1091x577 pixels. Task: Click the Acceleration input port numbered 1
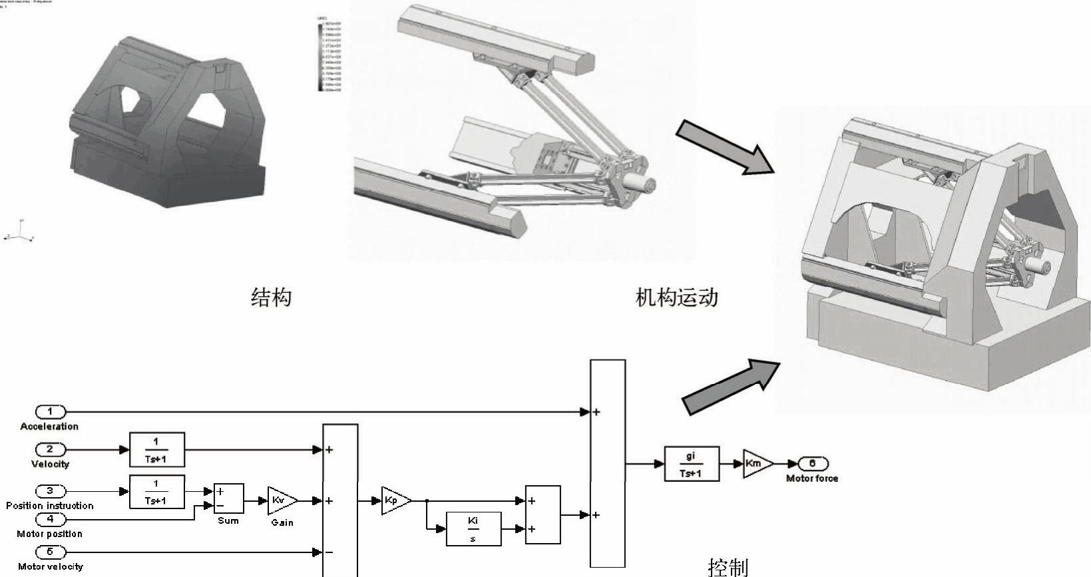click(x=50, y=412)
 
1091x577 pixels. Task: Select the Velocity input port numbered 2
click(x=50, y=449)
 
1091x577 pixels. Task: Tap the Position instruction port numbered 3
click(x=50, y=492)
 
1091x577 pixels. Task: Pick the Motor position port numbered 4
click(x=50, y=519)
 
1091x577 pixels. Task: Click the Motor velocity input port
click(x=50, y=552)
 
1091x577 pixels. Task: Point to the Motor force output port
click(x=813, y=464)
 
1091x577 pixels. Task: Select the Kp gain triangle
click(x=395, y=500)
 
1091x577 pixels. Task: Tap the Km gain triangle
click(x=757, y=464)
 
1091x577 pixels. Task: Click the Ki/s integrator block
click(x=473, y=529)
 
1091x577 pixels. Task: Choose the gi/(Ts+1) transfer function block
click(x=692, y=464)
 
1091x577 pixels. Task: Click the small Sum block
click(x=228, y=499)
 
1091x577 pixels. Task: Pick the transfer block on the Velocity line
click(x=156, y=449)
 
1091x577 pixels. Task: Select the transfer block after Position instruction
click(x=156, y=492)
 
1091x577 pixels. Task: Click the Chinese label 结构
click(x=271, y=297)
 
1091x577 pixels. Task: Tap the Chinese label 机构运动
click(x=676, y=297)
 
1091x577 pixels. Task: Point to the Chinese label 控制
click(x=728, y=567)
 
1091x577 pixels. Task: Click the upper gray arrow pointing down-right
click(x=725, y=147)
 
